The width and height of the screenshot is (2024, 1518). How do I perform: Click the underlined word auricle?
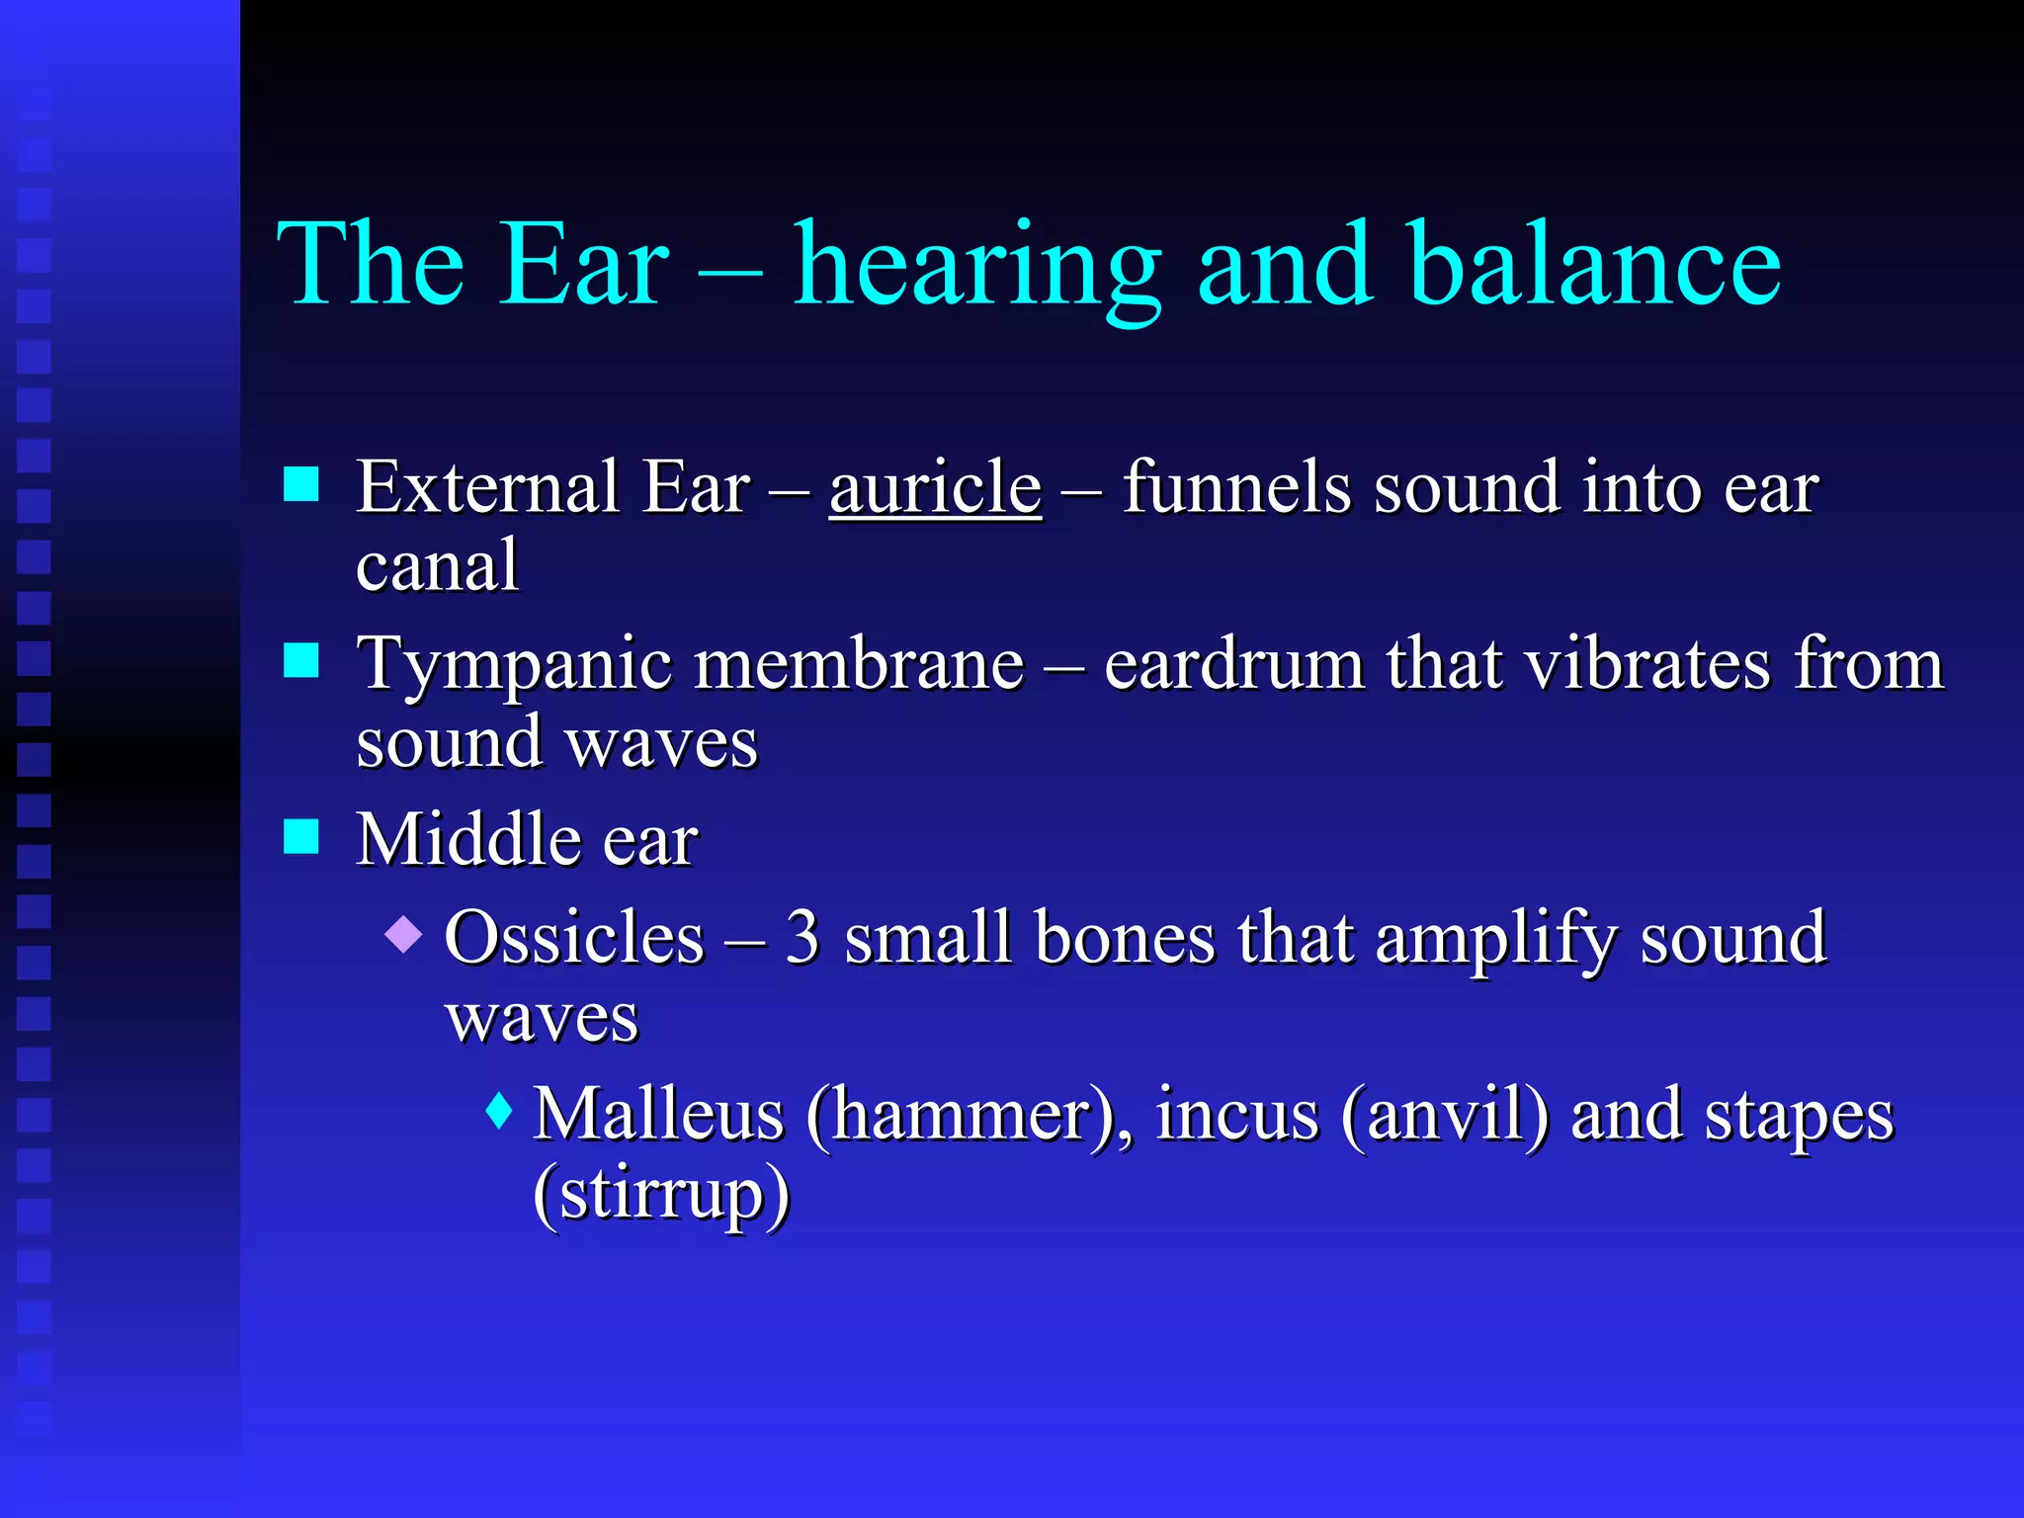934,487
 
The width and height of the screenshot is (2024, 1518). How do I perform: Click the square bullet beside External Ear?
300,485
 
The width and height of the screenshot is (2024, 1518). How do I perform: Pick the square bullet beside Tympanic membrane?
300,660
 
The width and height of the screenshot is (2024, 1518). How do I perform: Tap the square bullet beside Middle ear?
300,836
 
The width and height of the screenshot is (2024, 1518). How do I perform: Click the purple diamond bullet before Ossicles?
403,933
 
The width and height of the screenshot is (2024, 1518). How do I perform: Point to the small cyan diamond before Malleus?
499,1111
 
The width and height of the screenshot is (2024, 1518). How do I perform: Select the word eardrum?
1233,664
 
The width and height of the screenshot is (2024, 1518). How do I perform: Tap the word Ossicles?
574,938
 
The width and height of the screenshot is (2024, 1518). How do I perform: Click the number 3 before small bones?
802,938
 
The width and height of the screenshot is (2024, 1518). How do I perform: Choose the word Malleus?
658,1115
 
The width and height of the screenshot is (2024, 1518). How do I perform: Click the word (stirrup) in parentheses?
661,1194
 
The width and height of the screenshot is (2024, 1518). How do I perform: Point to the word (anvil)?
1444,1115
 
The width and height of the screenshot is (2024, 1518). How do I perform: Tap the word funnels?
1235,487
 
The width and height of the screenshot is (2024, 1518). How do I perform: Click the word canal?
437,566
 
